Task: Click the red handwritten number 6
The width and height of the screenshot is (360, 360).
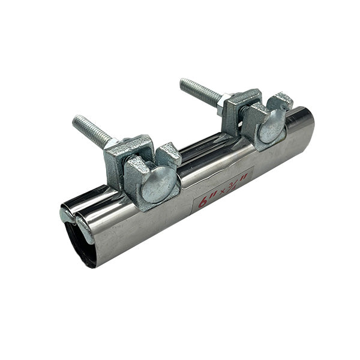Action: coord(203,202)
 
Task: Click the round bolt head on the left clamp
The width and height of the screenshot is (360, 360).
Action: coord(158,184)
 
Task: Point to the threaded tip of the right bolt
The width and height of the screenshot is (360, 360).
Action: coord(184,83)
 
